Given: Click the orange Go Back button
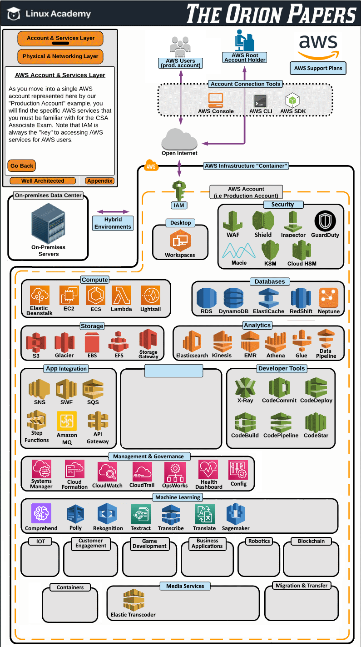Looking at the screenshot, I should tap(22, 166).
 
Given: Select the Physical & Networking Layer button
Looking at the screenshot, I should tap(60, 56).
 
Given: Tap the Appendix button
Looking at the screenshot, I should tap(99, 181).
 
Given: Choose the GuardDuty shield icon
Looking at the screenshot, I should tap(325, 221).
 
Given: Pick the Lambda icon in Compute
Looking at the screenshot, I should tap(121, 295).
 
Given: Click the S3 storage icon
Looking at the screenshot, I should tap(36, 341).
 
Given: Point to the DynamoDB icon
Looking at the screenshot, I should tap(234, 298).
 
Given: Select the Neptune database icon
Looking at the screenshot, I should tap(328, 298).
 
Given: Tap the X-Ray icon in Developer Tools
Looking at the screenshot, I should tap(245, 387).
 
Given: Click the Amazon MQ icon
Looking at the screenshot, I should tap(67, 421).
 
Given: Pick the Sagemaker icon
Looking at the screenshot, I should tap(236, 514).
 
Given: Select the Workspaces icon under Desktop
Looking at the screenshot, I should tap(180, 241).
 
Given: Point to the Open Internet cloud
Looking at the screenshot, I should tap(180, 139).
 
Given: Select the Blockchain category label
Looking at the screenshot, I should tap(311, 542).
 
